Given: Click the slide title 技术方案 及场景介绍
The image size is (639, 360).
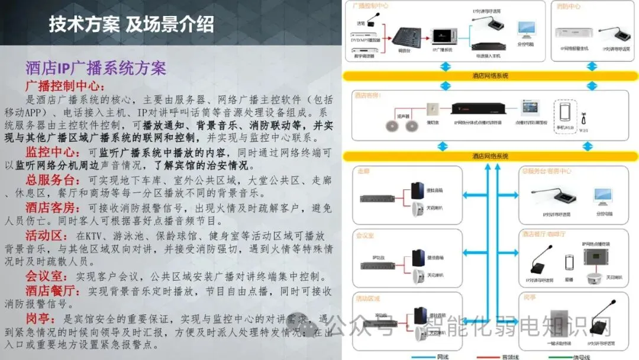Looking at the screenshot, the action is click(x=131, y=25).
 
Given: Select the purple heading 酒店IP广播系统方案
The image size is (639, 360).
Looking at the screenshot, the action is click(x=95, y=67).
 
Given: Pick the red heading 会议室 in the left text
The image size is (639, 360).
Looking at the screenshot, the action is click(x=44, y=276).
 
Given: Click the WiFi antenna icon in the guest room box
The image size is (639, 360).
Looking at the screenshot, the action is click(x=585, y=114).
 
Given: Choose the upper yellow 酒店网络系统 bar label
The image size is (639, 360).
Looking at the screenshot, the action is click(x=490, y=76).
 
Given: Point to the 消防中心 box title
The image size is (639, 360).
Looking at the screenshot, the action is click(x=569, y=7).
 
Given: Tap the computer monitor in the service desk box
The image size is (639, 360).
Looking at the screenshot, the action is click(x=603, y=196).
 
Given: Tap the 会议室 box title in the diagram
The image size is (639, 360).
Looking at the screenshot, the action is click(x=365, y=236).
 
